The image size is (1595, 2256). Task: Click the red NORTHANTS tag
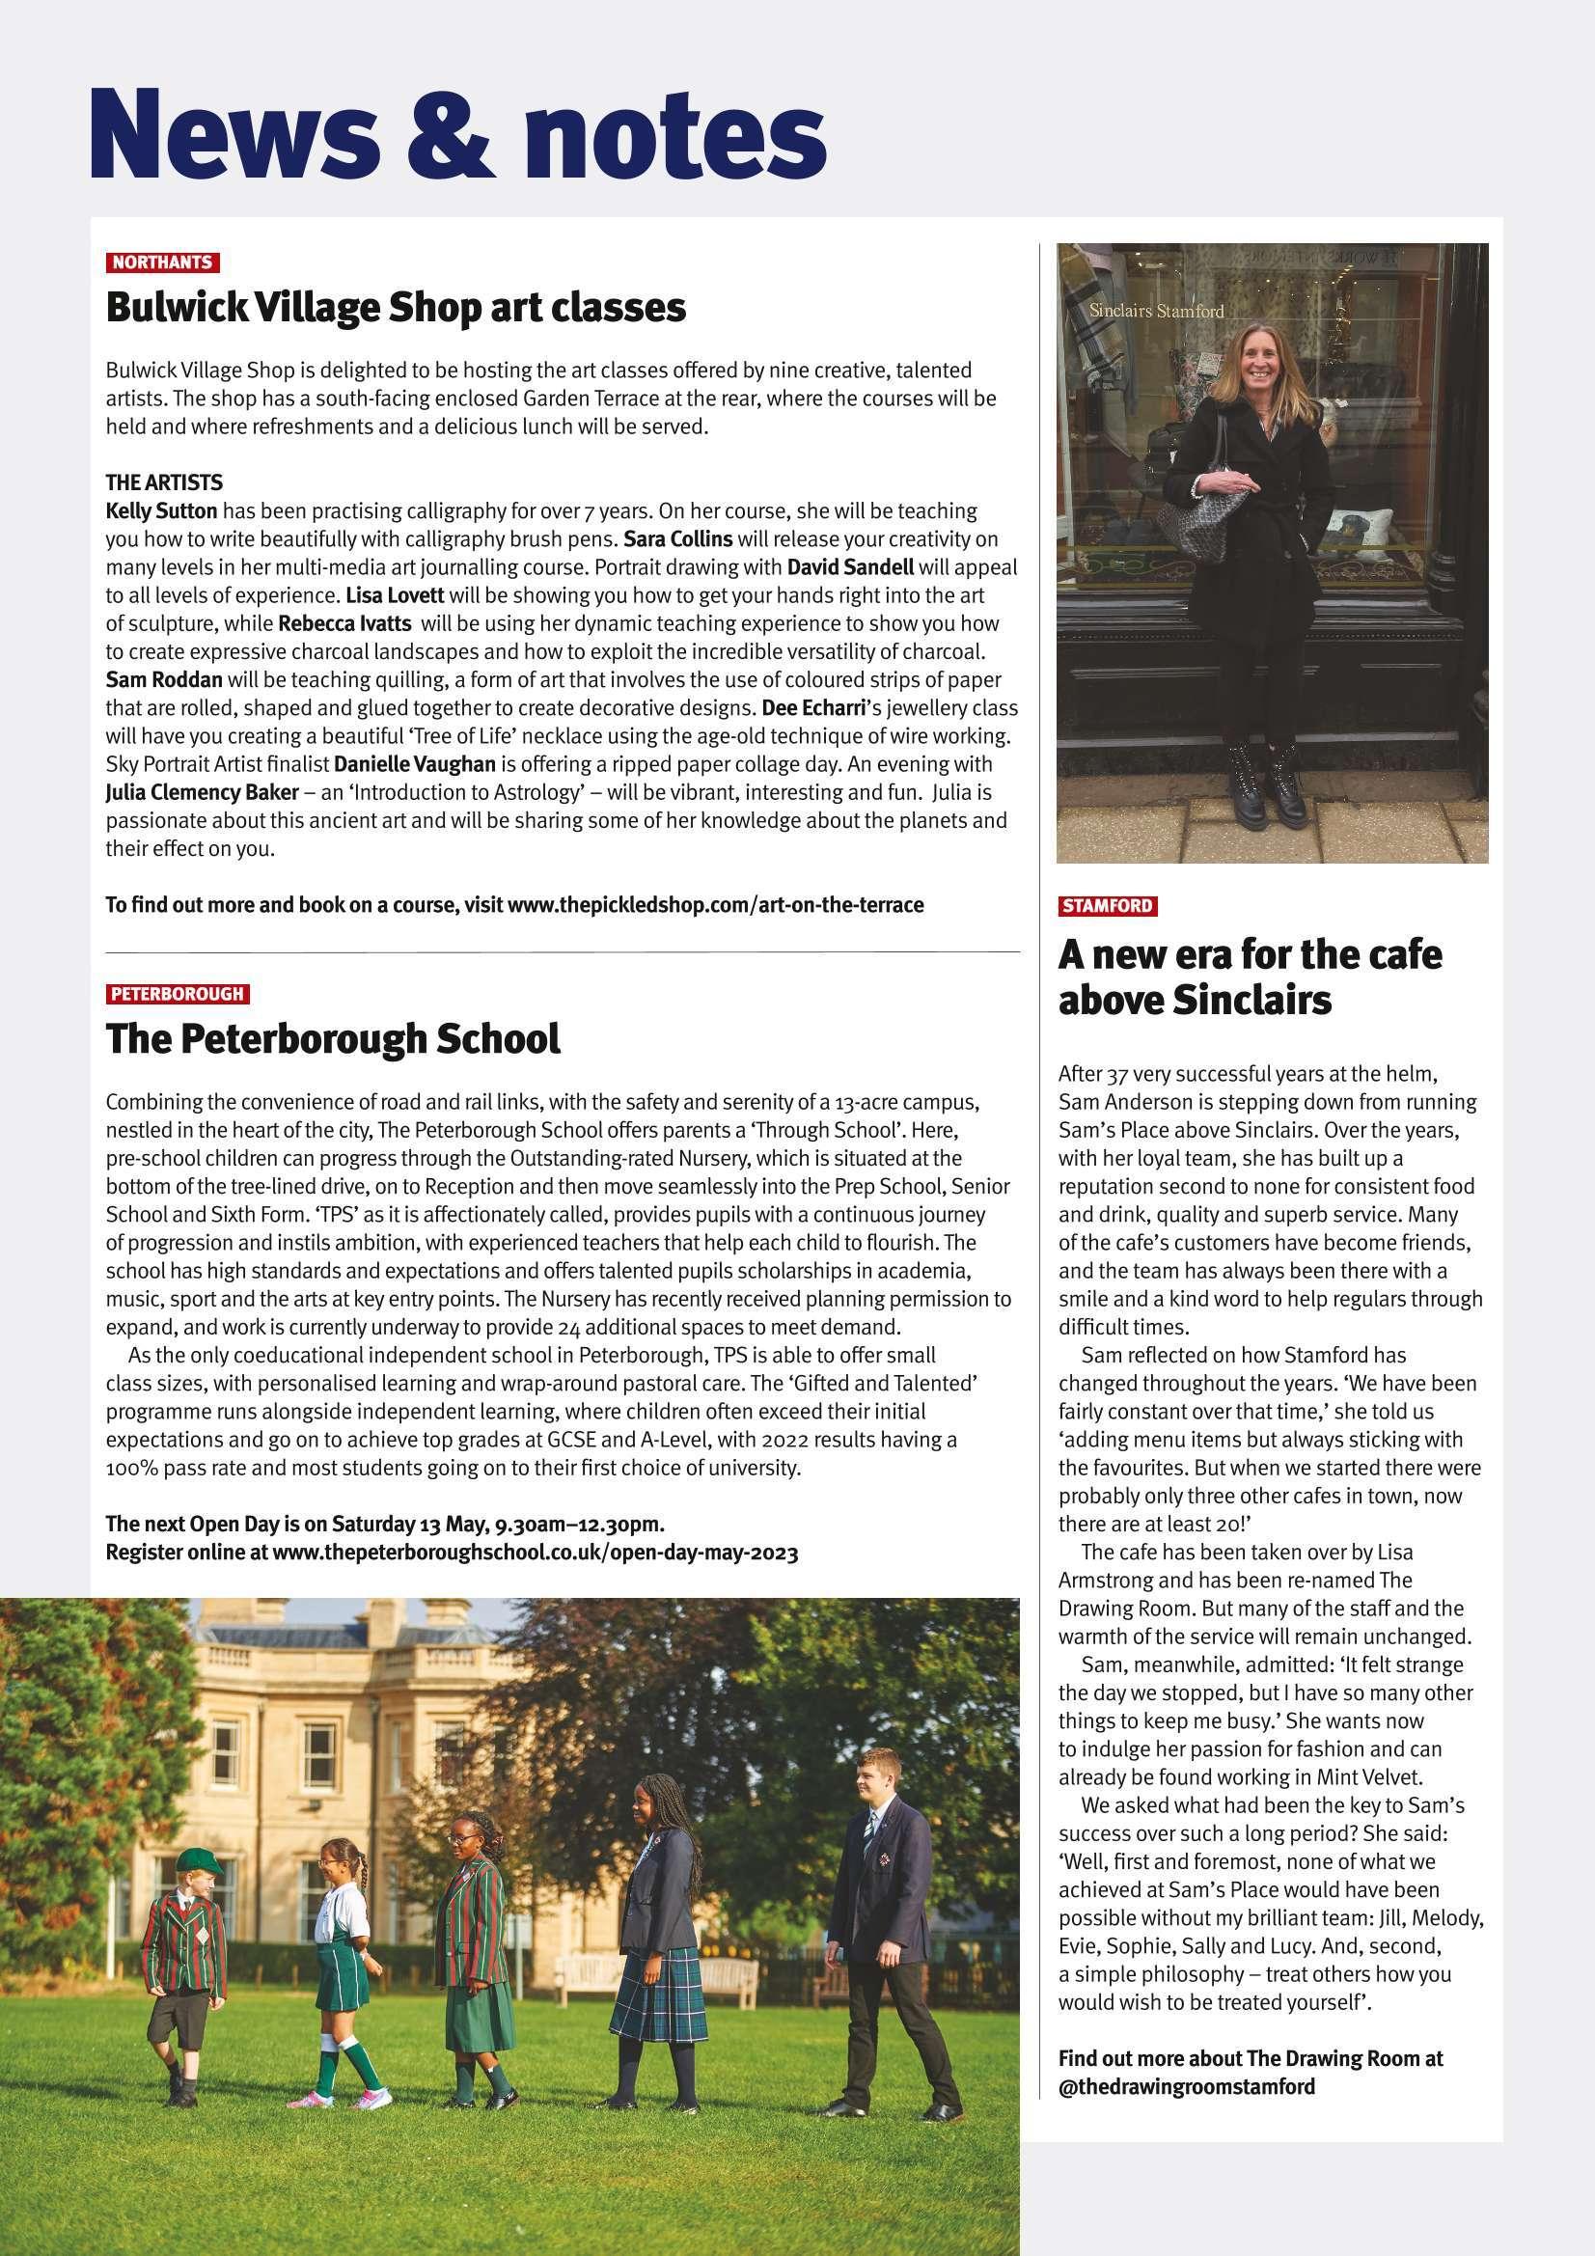[x=162, y=262]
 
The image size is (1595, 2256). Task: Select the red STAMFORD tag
[x=1107, y=905]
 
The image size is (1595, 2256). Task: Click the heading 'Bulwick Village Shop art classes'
[x=395, y=308]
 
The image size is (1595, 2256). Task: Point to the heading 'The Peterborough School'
[x=332, y=1038]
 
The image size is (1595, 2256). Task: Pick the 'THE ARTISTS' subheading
[x=164, y=482]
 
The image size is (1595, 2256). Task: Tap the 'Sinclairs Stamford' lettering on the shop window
[x=1157, y=312]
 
